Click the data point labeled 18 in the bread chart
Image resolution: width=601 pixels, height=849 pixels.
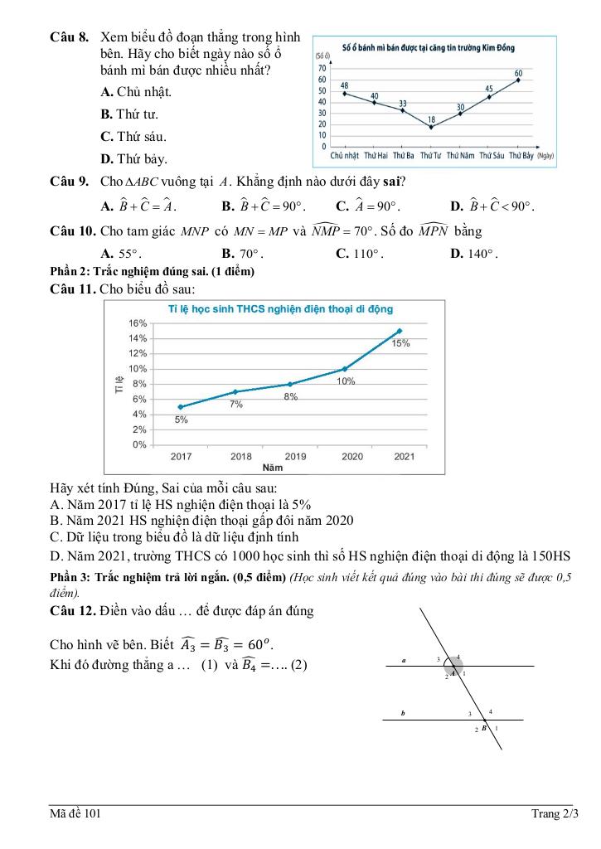pyautogui.click(x=431, y=127)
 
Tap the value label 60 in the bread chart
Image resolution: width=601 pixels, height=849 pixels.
pyautogui.click(x=519, y=73)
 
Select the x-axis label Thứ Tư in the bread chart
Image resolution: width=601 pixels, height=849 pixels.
pyautogui.click(x=431, y=155)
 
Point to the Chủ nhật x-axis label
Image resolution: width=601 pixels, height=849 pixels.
pyautogui.click(x=344, y=155)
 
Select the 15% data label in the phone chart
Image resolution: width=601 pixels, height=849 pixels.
pyautogui.click(x=401, y=342)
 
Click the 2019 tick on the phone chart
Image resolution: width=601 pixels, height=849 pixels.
pyautogui.click(x=295, y=456)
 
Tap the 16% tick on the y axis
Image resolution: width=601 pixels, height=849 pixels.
pyautogui.click(x=137, y=323)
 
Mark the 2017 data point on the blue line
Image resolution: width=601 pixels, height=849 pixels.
pyautogui.click(x=180, y=407)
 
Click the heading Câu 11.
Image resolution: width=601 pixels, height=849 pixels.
pyautogui.click(x=72, y=289)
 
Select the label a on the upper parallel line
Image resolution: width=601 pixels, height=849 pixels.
pyautogui.click(x=404, y=661)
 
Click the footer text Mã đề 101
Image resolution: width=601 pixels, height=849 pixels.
pyautogui.click(x=75, y=815)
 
